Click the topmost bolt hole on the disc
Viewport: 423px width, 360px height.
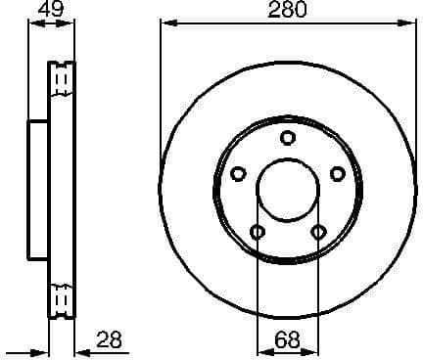pyautogui.click(x=288, y=138)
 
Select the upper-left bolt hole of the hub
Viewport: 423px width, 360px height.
pyautogui.click(x=238, y=173)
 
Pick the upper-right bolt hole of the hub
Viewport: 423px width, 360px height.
pyautogui.click(x=338, y=173)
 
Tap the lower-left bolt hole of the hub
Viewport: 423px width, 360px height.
pyautogui.click(x=258, y=232)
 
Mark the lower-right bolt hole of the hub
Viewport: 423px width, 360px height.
pyautogui.click(x=318, y=232)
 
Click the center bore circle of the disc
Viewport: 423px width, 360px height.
pyautogui.click(x=288, y=192)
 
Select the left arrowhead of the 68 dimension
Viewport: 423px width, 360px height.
pyautogui.click(x=260, y=350)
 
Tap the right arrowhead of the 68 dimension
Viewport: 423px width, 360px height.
pyautogui.click(x=315, y=350)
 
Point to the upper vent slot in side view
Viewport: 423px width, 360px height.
pyautogui.click(x=62, y=77)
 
